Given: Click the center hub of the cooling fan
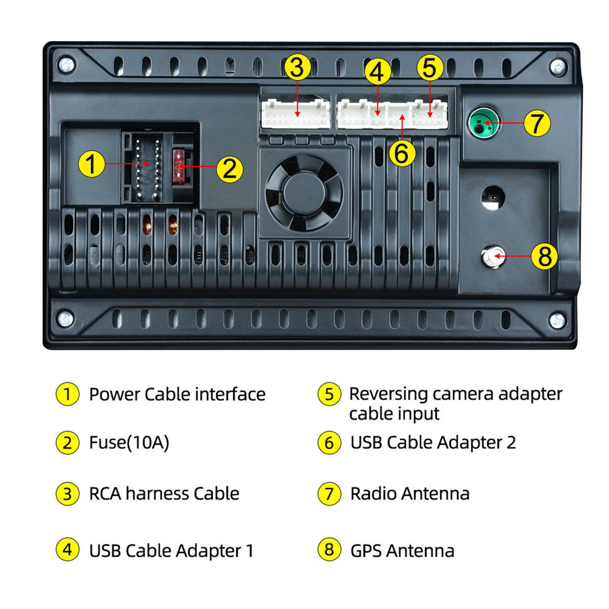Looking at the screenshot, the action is (x=304, y=192).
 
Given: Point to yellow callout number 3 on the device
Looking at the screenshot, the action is (x=297, y=67).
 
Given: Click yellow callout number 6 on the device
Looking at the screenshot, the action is (x=402, y=153).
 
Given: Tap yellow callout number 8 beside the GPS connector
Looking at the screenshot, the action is (x=544, y=256).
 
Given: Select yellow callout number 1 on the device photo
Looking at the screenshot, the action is (x=91, y=164).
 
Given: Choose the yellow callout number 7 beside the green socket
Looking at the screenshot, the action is (x=537, y=123).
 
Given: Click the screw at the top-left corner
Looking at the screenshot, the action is (x=67, y=64).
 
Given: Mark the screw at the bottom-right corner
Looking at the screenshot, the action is (x=557, y=320).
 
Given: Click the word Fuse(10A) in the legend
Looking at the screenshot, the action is (x=129, y=443).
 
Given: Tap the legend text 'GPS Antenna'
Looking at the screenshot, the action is (x=402, y=551).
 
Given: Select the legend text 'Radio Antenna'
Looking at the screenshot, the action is (x=410, y=494).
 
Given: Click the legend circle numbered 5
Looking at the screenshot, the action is (x=329, y=394).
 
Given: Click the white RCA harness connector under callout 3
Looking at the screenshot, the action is (x=295, y=114).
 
